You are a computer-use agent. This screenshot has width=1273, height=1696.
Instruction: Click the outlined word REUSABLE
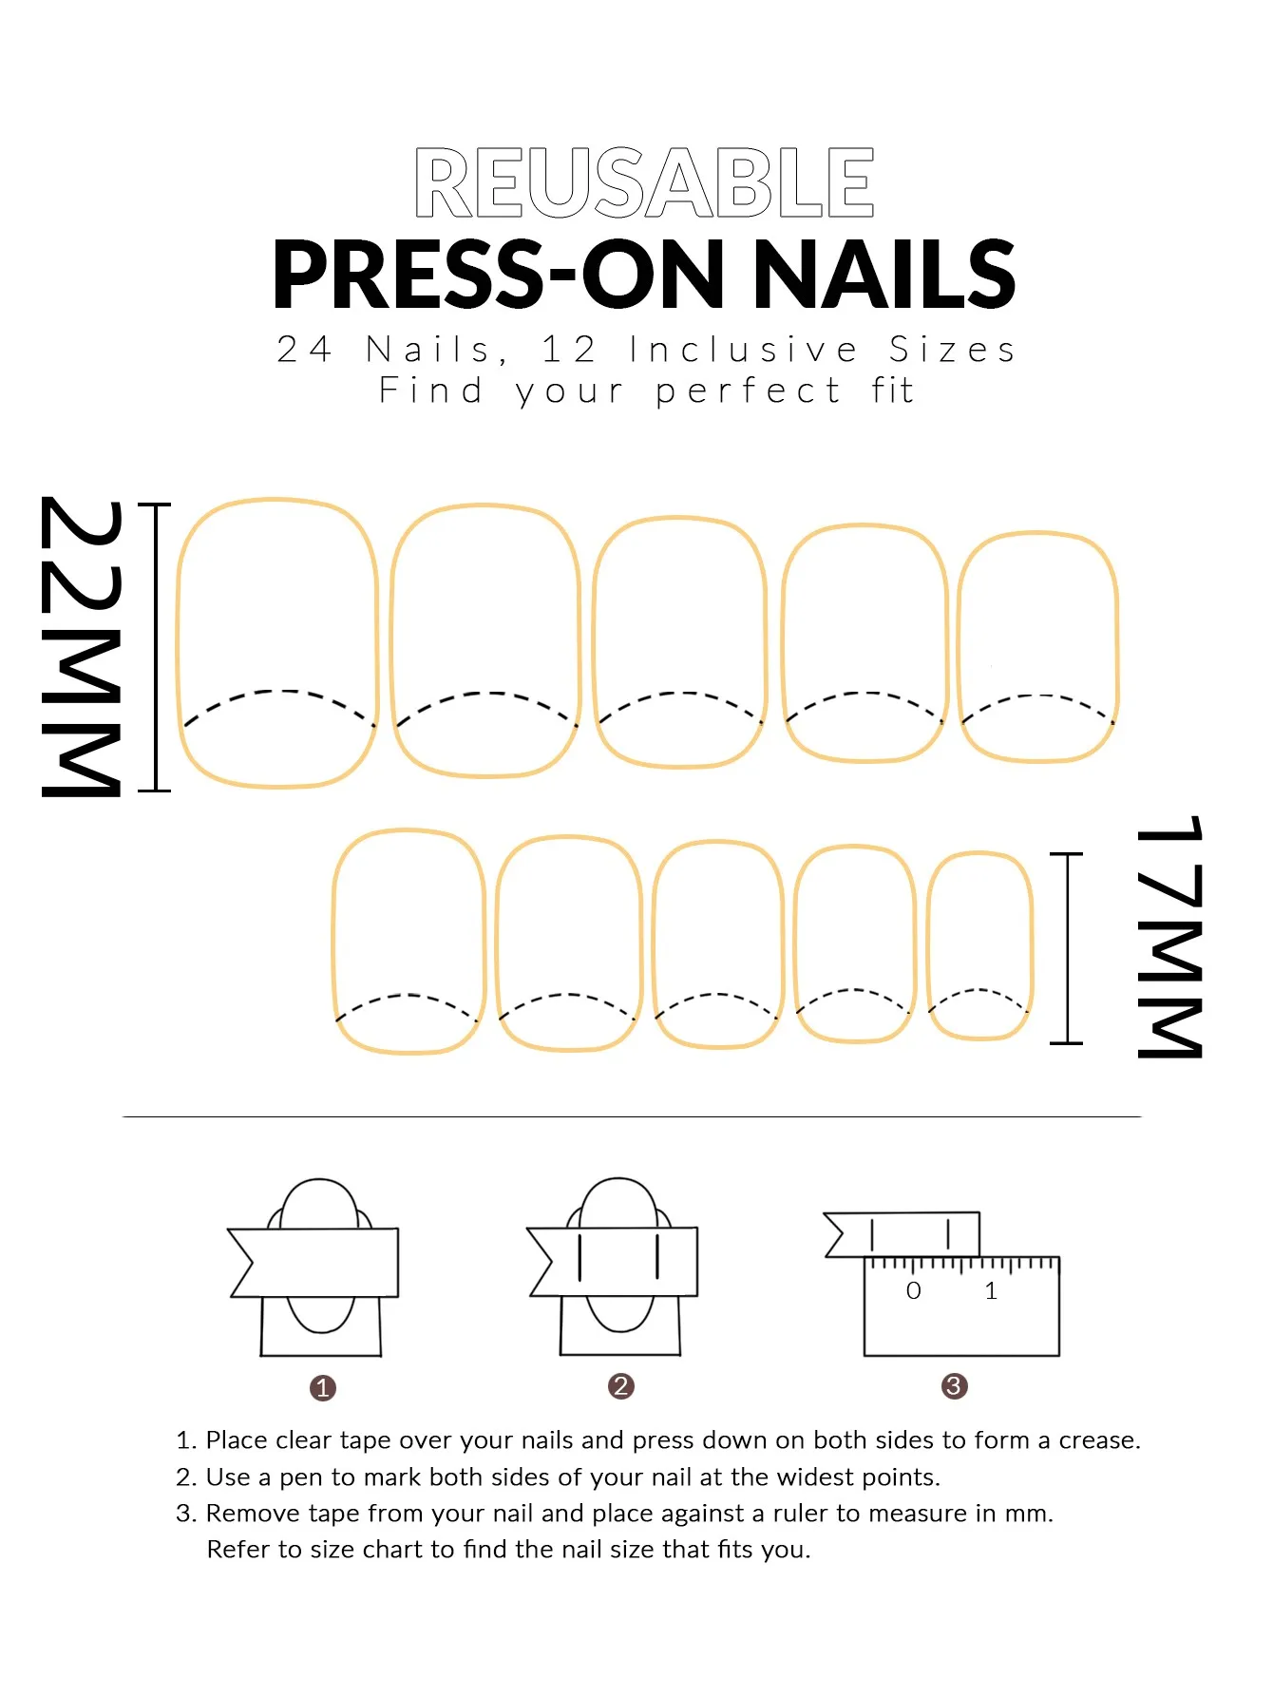tap(644, 182)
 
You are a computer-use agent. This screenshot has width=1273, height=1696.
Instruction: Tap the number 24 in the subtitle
tap(304, 350)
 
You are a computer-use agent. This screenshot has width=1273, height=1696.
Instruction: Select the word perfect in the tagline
tap(748, 391)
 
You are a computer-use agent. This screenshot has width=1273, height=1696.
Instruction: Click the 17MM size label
tap(1170, 936)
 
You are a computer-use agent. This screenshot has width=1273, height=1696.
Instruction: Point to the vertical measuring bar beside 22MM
tap(155, 647)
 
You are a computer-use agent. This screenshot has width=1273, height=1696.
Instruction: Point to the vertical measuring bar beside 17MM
tap(1067, 948)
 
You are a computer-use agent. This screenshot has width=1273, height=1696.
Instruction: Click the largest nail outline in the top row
tap(277, 643)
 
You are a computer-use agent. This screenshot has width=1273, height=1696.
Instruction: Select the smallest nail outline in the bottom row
tap(979, 945)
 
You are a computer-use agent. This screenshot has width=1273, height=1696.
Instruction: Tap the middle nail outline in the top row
tap(679, 642)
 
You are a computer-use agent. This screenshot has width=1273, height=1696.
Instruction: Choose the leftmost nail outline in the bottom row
tap(408, 941)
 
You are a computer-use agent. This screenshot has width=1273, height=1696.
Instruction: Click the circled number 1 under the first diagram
tap(323, 1388)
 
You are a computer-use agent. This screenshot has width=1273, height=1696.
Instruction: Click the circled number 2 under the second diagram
tap(620, 1386)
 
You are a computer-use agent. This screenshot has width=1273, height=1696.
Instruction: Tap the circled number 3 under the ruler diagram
tap(954, 1386)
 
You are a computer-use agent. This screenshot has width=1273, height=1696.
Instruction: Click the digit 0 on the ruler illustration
tap(913, 1290)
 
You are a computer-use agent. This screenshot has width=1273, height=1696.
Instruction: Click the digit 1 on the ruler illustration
tap(991, 1290)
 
